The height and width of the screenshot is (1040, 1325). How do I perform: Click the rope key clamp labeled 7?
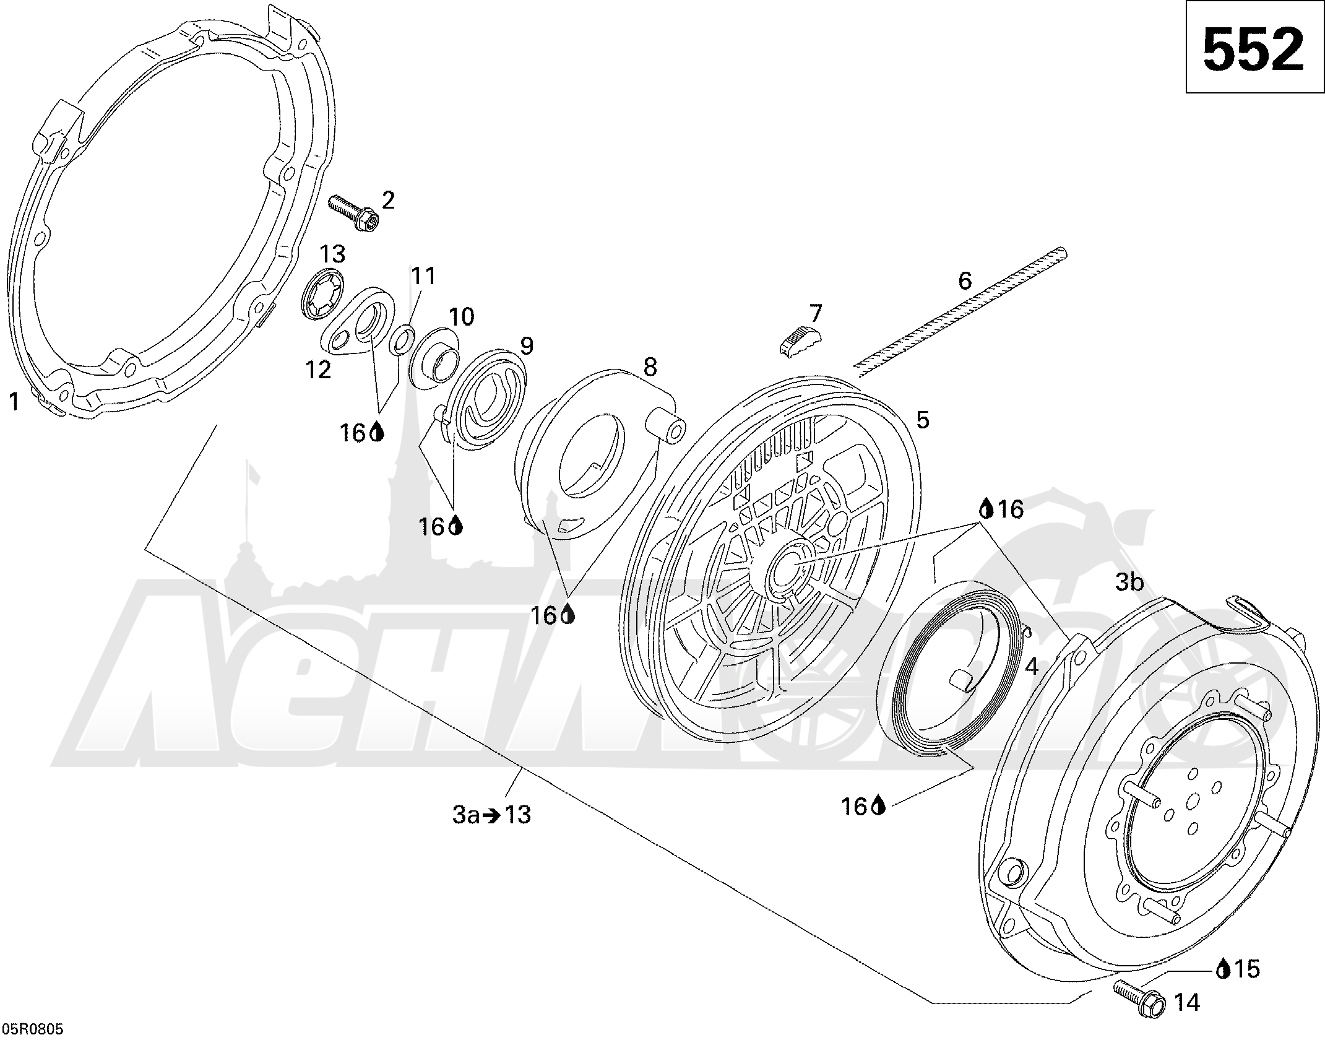[802, 339]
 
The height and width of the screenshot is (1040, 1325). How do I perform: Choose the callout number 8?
[649, 367]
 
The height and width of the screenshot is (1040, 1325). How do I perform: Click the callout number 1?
[14, 402]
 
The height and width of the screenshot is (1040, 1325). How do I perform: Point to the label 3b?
[1129, 583]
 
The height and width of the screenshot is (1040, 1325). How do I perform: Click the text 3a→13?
[491, 815]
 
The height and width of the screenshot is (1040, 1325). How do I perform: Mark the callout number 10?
[461, 316]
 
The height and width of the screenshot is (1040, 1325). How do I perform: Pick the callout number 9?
[525, 346]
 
